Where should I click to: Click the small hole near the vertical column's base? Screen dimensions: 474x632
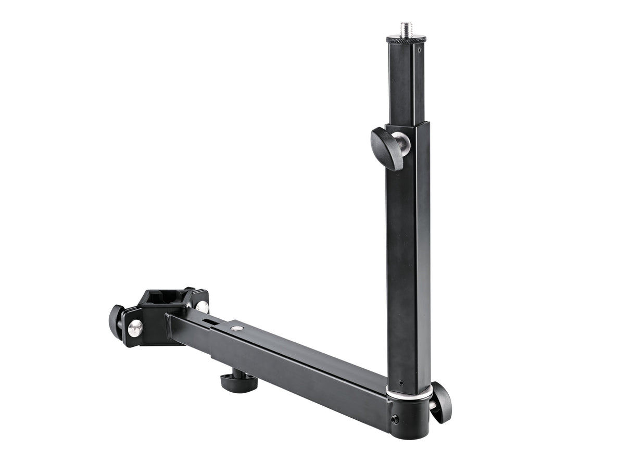click(x=400, y=383)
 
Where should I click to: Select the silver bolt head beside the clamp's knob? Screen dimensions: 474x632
click(x=135, y=328)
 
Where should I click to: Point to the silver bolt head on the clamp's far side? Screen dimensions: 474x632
click(x=202, y=307)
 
